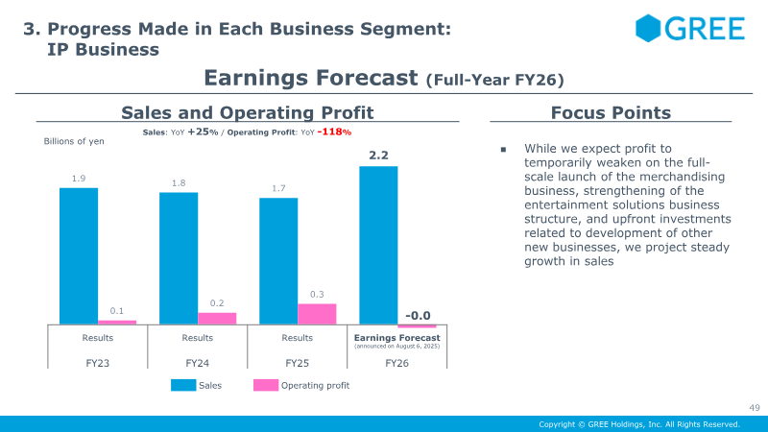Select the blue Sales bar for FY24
pyautogui.click(x=179, y=258)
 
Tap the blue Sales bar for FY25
pyautogui.click(x=278, y=261)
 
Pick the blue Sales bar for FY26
pyautogui.click(x=378, y=246)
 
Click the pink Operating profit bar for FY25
pyautogui.click(x=317, y=315)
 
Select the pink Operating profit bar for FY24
pyautogui.click(x=217, y=319)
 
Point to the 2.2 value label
pyautogui.click(x=378, y=155)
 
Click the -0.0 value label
pyautogui.click(x=418, y=315)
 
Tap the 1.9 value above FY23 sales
pyautogui.click(x=79, y=178)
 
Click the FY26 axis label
pyautogui.click(x=397, y=364)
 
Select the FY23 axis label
pyautogui.click(x=98, y=364)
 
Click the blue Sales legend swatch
pyautogui.click(x=184, y=385)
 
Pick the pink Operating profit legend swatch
pyautogui.click(x=266, y=385)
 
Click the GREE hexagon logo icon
pyautogui.click(x=648, y=28)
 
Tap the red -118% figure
pyautogui.click(x=335, y=132)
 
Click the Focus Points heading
pyautogui.click(x=611, y=112)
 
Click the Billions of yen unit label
pyautogui.click(x=74, y=141)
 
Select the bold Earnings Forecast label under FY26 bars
pyautogui.click(x=396, y=337)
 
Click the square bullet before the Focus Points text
pyautogui.click(x=501, y=150)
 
